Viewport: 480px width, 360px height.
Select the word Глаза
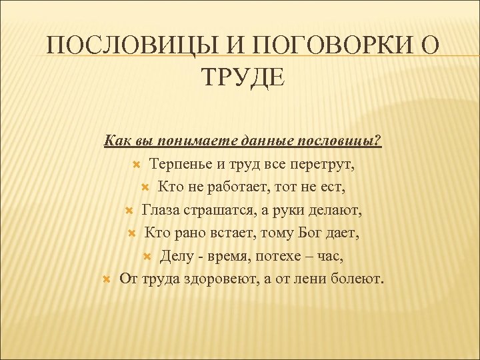(161, 210)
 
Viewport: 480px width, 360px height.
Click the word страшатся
(215, 210)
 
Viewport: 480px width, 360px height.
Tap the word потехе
(281, 255)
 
